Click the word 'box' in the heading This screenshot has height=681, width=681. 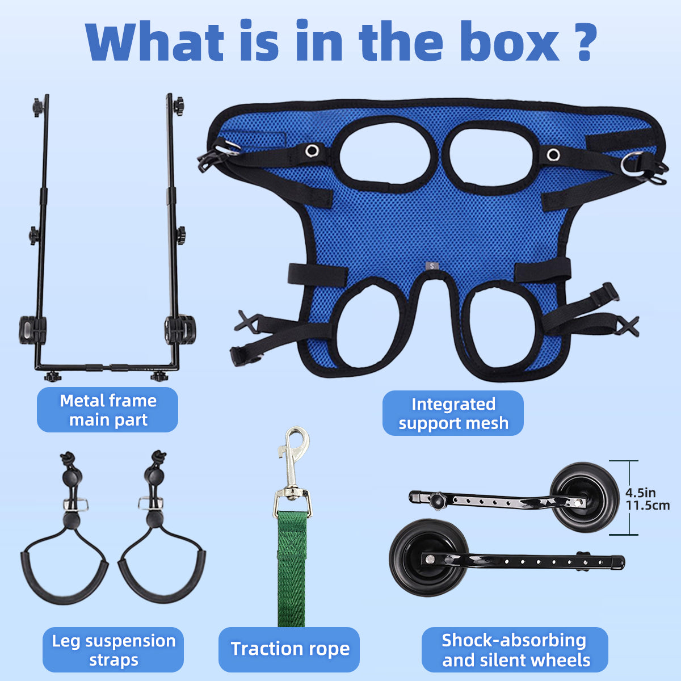510,41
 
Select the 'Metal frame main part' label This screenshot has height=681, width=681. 107,410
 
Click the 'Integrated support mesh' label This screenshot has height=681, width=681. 453,413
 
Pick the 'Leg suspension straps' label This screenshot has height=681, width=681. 113,650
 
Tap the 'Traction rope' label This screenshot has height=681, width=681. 289,650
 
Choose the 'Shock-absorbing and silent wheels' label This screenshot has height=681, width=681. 515,650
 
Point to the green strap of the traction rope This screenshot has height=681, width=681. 291,569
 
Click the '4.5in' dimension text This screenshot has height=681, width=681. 640,493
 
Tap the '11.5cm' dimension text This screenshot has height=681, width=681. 648,506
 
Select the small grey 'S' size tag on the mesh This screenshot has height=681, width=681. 432,266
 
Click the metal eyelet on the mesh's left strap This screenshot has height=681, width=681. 312,151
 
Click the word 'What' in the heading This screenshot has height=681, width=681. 155,41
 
